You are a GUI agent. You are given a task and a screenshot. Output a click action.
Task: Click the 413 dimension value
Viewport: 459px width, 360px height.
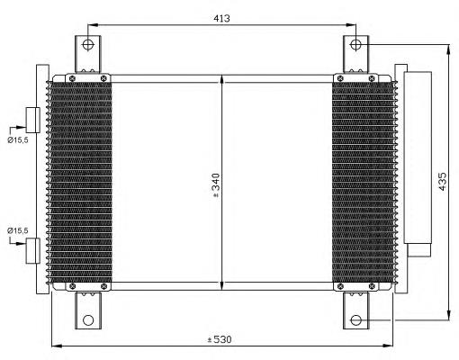pos(221,18)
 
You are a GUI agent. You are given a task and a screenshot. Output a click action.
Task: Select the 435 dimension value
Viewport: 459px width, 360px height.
pos(443,181)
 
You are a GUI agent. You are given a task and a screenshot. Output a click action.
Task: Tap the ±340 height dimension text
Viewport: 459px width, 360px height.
pos(216,185)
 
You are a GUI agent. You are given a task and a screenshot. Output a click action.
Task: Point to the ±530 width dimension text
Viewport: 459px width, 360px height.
pos(220,339)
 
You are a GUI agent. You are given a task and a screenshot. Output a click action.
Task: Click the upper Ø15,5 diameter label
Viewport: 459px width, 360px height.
pos(18,139)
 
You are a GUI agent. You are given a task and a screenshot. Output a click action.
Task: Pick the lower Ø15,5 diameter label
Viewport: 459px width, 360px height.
pos(18,230)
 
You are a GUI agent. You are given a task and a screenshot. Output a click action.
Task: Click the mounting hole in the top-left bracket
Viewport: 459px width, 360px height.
pos(88,45)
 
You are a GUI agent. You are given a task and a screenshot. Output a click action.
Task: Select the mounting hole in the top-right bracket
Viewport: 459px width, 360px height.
pos(355,45)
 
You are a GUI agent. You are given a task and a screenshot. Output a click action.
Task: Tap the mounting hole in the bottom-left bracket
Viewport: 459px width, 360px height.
pos(88,320)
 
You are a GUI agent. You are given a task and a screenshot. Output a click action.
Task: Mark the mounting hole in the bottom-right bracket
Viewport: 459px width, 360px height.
pos(355,320)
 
